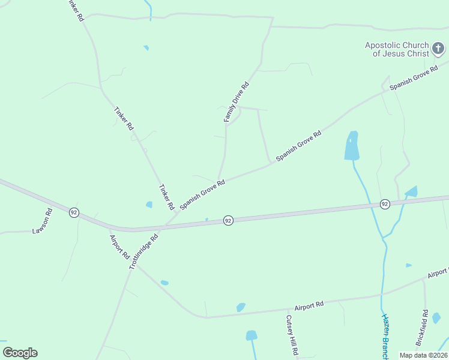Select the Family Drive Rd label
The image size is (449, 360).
[236, 103]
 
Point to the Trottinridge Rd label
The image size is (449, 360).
[143, 251]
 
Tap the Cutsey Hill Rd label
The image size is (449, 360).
[292, 335]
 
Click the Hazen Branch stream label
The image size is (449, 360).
[385, 337]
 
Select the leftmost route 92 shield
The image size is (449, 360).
[73, 213]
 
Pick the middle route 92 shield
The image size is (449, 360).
[228, 221]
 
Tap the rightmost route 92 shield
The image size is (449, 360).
[385, 205]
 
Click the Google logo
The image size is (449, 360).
[20, 353]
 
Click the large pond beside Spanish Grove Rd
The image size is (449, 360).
[352, 146]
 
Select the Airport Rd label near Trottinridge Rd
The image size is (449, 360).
[120, 246]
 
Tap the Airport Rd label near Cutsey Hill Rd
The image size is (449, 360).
[309, 305]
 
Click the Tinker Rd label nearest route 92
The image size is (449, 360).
[166, 197]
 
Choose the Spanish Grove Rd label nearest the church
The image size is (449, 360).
[414, 79]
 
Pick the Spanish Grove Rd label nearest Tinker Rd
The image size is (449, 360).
[202, 192]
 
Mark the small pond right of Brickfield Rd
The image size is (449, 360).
[436, 317]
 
